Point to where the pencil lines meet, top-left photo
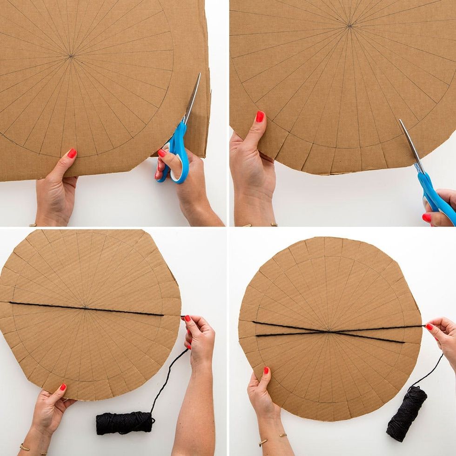(71, 56)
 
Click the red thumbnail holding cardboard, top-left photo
(72, 153)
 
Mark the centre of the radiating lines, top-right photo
(349, 26)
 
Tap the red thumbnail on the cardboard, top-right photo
(260, 116)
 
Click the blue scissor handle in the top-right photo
(435, 198)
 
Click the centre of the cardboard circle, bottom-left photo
(84, 307)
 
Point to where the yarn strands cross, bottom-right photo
(329, 331)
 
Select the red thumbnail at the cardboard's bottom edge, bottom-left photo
(62, 387)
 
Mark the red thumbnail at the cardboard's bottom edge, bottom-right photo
(266, 371)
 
